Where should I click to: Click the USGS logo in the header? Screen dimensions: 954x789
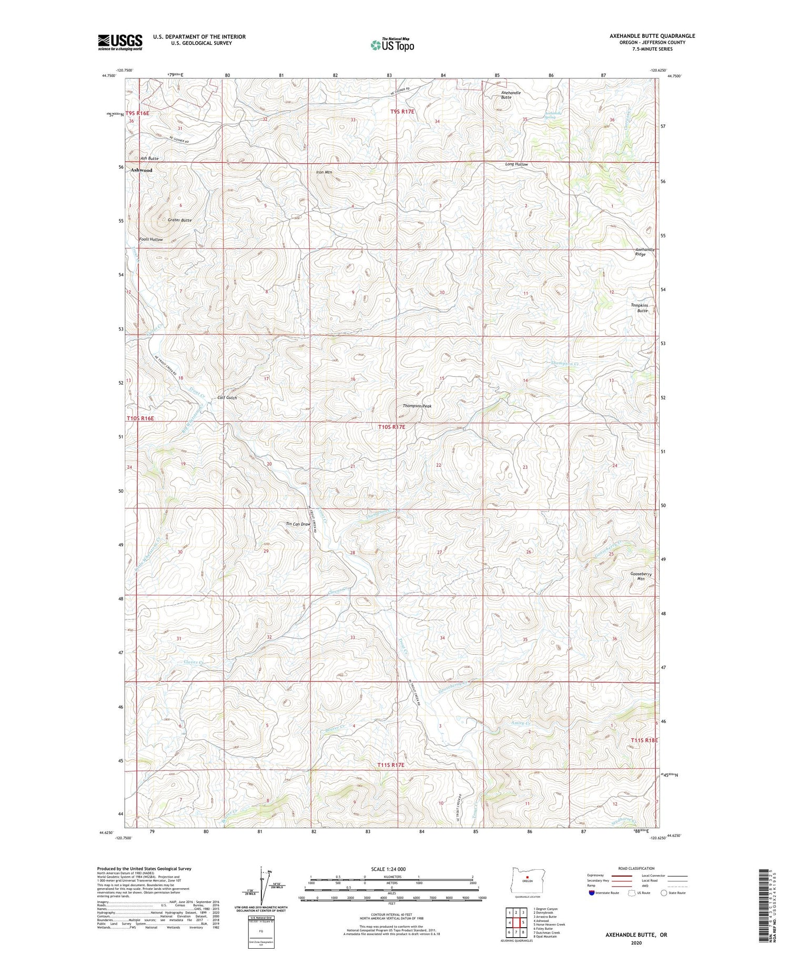(120, 42)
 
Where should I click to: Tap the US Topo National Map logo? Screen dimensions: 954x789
(392, 45)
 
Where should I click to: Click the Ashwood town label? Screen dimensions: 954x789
(141, 170)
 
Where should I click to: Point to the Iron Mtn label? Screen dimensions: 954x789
(324, 172)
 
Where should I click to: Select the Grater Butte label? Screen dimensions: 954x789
(180, 220)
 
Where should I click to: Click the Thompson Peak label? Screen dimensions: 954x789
(417, 406)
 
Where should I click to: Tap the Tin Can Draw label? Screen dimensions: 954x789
(298, 524)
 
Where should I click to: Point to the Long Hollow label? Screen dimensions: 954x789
(516, 164)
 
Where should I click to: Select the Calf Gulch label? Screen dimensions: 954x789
(227, 398)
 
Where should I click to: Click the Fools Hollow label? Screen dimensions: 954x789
(151, 239)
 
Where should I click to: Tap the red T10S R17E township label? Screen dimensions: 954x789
(392, 427)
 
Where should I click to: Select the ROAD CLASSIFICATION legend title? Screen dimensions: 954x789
(636, 868)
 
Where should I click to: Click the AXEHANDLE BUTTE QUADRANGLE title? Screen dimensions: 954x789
(652, 36)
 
